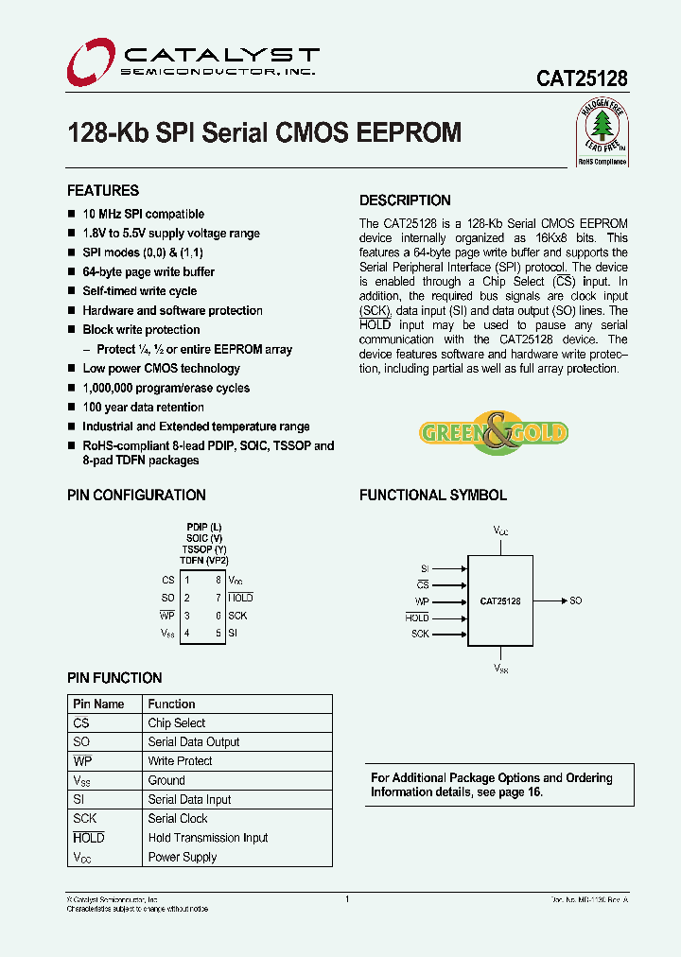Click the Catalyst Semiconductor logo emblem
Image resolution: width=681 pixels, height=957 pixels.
(90, 61)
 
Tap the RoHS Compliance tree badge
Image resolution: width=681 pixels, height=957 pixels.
(602, 134)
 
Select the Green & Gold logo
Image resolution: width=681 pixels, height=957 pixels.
(493, 433)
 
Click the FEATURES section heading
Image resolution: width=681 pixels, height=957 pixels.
(103, 190)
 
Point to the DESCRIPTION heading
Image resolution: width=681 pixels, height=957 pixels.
(405, 200)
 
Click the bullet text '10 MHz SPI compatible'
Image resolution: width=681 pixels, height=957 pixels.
(143, 215)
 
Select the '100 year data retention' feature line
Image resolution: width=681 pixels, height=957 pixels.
(143, 408)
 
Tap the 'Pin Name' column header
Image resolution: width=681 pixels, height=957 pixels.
(98, 705)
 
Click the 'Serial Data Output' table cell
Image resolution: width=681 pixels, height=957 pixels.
(194, 742)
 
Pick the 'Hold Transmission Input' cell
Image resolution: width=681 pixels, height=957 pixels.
(208, 838)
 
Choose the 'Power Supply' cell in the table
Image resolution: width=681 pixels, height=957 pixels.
(183, 858)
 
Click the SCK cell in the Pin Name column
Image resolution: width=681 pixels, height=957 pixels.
(85, 819)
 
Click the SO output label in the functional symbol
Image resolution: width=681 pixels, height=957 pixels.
(576, 600)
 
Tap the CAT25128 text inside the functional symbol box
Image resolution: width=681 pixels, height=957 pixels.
(499, 600)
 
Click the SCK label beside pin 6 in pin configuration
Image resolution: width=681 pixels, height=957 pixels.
(237, 616)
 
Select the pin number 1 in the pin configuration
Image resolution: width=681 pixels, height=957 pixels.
(187, 580)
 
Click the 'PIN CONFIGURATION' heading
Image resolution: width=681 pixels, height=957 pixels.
(136, 496)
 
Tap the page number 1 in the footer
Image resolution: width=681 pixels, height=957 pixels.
(348, 899)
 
